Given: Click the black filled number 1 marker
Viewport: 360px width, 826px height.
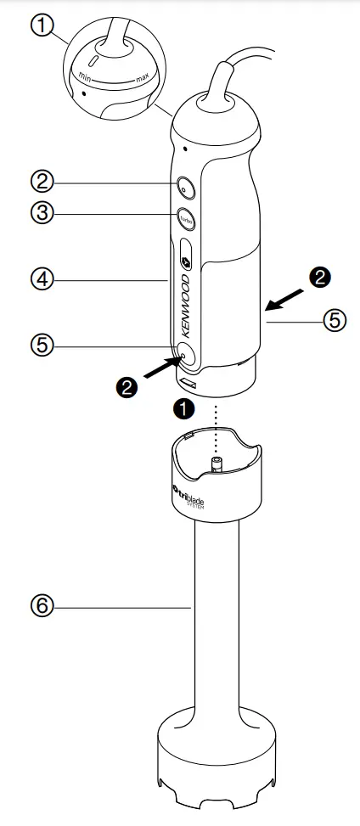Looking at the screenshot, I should click(183, 407).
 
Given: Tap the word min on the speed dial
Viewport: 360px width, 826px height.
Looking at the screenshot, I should click(85, 76).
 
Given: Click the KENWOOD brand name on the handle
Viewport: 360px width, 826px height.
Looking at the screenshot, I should click(188, 305).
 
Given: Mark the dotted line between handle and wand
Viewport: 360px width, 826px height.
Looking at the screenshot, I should click(217, 429).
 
